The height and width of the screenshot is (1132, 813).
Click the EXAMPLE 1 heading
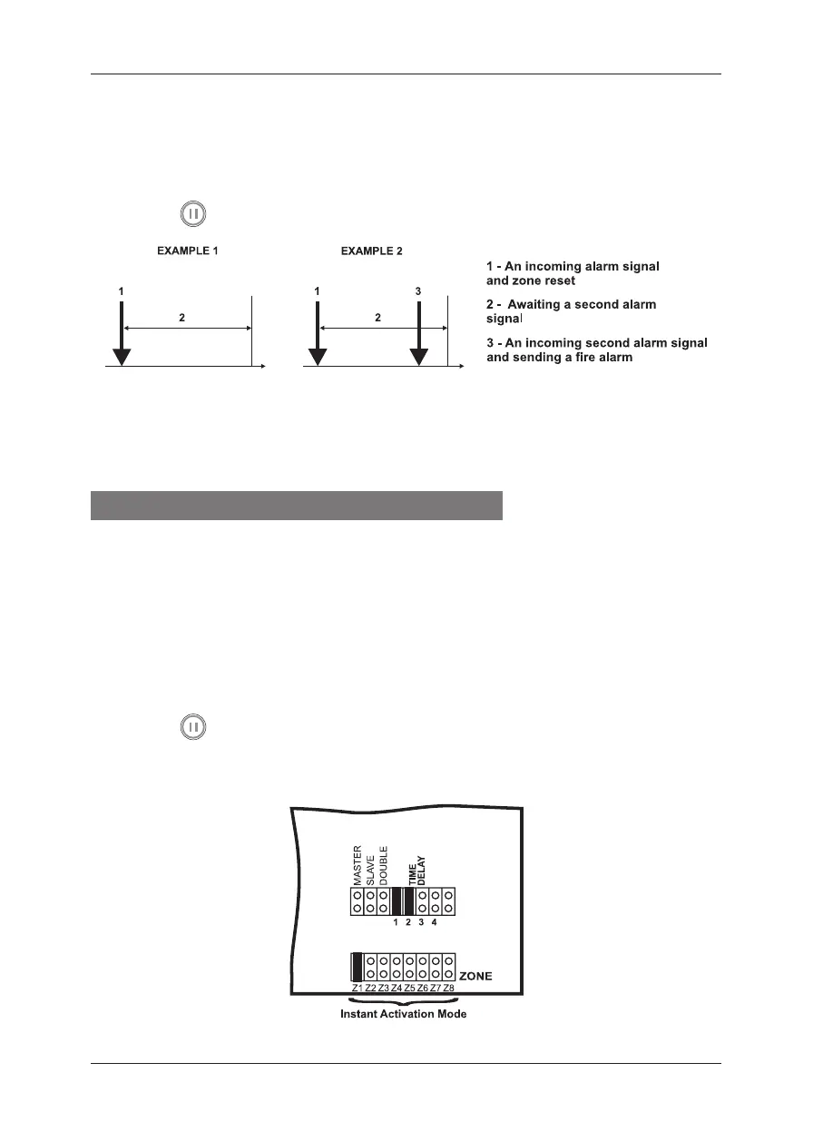pyautogui.click(x=184, y=251)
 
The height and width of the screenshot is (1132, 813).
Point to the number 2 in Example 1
pyautogui.click(x=185, y=319)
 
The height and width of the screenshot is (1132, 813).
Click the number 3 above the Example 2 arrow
pyautogui.click(x=418, y=291)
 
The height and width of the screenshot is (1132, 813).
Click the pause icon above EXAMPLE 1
pyautogui.click(x=192, y=214)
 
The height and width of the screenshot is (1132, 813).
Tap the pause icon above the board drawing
pyautogui.click(x=192, y=727)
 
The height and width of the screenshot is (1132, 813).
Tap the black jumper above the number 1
pyautogui.click(x=397, y=901)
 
